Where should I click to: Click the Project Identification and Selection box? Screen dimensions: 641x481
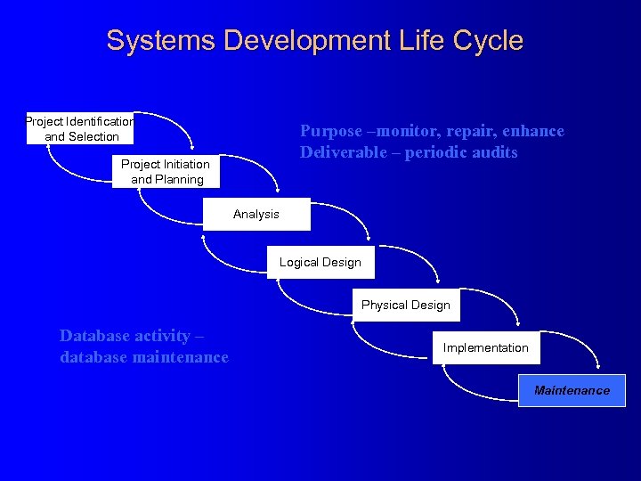(80, 128)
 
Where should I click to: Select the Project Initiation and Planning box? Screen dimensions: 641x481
(167, 171)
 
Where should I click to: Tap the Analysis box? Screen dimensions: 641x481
(256, 214)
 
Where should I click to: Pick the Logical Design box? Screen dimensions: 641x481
(320, 262)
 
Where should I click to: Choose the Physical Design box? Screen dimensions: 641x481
(406, 305)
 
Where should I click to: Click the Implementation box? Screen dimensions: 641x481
(486, 347)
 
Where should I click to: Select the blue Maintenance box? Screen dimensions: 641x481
(572, 390)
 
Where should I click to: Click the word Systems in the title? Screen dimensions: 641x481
(162, 40)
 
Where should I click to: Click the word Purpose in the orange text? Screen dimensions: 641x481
(331, 131)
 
